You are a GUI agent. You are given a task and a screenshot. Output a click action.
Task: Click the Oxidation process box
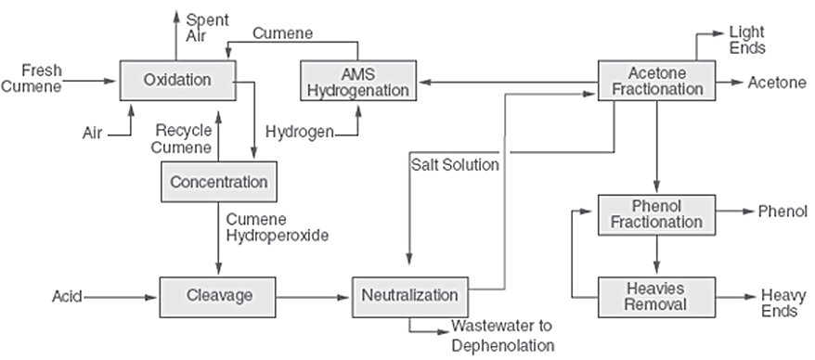click(177, 81)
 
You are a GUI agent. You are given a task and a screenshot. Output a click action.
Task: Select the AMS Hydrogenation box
click(356, 81)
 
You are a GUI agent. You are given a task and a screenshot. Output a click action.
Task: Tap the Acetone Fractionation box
click(657, 81)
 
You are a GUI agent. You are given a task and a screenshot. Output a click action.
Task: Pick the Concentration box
click(219, 181)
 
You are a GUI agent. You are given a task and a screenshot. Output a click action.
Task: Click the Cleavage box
click(219, 296)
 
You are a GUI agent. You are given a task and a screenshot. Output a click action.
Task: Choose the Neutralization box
click(409, 296)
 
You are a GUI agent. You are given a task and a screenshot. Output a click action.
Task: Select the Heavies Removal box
click(656, 295)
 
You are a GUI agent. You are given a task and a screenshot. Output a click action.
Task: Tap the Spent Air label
click(202, 28)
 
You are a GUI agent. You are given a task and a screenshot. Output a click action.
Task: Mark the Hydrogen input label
click(299, 133)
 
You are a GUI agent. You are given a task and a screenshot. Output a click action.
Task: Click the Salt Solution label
click(455, 165)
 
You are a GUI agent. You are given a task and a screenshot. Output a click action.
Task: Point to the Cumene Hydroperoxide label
click(277, 227)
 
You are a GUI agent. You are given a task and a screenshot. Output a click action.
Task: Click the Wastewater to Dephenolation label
click(502, 336)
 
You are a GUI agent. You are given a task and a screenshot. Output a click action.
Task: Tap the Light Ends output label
click(747, 39)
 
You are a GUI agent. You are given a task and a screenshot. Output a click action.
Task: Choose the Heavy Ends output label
click(778, 302)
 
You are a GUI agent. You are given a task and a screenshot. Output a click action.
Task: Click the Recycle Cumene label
click(185, 139)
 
